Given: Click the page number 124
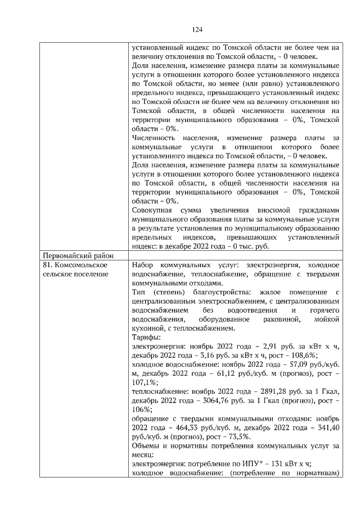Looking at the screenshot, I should [x=196, y=30].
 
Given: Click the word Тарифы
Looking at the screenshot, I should [x=145, y=337].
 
